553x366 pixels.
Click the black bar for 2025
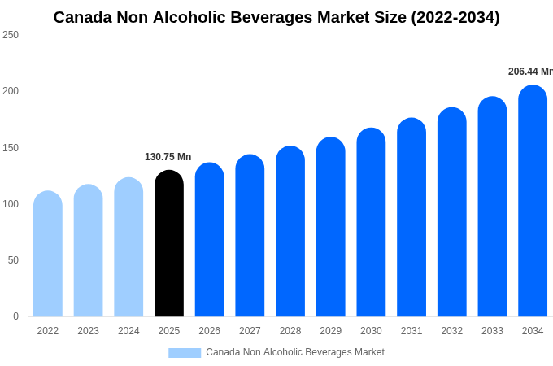pyautogui.click(x=169, y=244)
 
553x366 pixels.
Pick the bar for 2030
pyautogui.click(x=371, y=223)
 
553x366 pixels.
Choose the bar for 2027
pyautogui.click(x=250, y=236)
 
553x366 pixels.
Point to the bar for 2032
pyautogui.click(x=452, y=212)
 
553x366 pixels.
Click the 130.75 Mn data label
pyautogui.click(x=168, y=157)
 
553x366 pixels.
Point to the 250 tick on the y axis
pyautogui.click(x=11, y=35)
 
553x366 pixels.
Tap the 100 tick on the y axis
pyautogui.click(x=11, y=204)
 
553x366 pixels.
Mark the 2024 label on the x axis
pyautogui.click(x=128, y=331)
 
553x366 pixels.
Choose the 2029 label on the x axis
pyautogui.click(x=330, y=331)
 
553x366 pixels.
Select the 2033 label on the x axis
pyautogui.click(x=492, y=331)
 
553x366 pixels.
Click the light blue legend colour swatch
pyautogui.click(x=185, y=353)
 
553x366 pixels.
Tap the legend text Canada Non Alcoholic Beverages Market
pyautogui.click(x=295, y=352)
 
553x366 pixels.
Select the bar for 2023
pyautogui.click(x=89, y=251)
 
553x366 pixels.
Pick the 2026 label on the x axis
pyautogui.click(x=209, y=331)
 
